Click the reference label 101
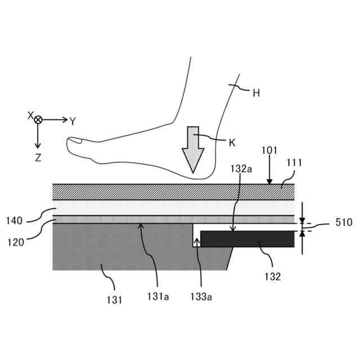(x=269, y=151)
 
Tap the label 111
(x=294, y=163)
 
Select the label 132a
(x=241, y=168)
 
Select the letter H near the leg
(x=256, y=93)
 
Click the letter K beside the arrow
(x=232, y=142)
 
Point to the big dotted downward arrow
(x=193, y=148)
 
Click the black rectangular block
(x=247, y=238)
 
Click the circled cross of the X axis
(x=38, y=120)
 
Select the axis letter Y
(x=73, y=121)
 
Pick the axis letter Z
(x=38, y=158)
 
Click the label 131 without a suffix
(x=114, y=299)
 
